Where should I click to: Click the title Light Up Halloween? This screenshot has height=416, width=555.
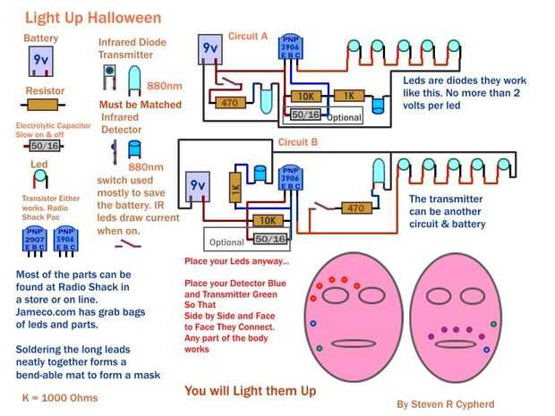click(93, 17)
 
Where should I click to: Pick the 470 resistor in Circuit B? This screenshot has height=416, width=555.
click(356, 208)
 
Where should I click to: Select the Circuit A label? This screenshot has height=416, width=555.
click(248, 37)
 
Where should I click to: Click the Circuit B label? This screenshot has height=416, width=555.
click(298, 141)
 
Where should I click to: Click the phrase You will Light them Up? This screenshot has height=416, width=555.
click(250, 390)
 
